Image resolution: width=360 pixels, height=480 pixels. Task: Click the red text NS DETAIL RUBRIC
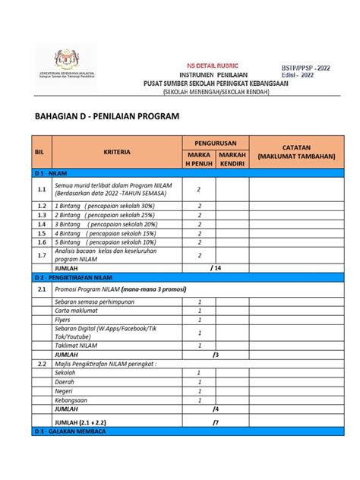pyautogui.click(x=201, y=66)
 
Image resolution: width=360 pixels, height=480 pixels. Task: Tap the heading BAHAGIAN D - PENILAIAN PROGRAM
pyautogui.click(x=108, y=118)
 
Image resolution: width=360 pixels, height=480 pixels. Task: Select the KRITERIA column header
pyautogui.click(x=117, y=152)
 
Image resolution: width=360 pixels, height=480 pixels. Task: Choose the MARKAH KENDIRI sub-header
pyautogui.click(x=232, y=159)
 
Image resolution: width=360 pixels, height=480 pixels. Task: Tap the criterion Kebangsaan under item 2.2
pyautogui.click(x=71, y=399)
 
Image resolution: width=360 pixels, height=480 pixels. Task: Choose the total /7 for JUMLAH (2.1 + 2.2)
pyautogui.click(x=216, y=422)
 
